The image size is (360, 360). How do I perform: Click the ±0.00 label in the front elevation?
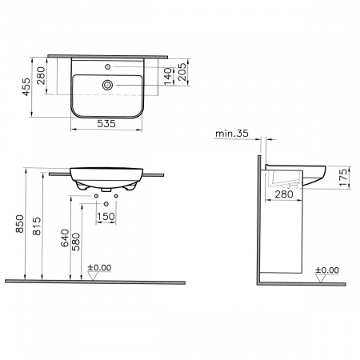[x=100, y=268]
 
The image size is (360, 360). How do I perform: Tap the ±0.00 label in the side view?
[x=328, y=270]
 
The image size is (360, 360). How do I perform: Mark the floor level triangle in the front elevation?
[x=94, y=277]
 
